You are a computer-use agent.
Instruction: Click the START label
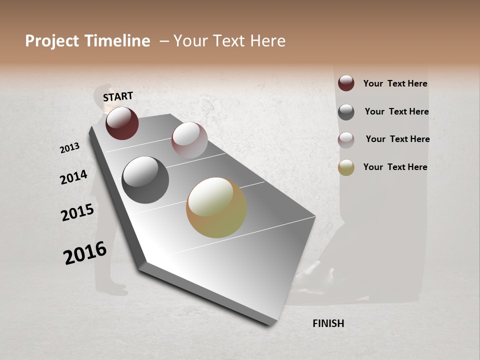click(x=118, y=96)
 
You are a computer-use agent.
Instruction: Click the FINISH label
click(x=328, y=323)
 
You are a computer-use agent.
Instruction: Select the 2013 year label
click(x=69, y=148)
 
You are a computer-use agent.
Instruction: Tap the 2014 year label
click(x=73, y=177)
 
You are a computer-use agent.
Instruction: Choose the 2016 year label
click(x=85, y=253)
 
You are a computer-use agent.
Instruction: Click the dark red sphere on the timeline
click(x=122, y=123)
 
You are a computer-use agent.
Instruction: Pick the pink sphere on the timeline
click(x=189, y=139)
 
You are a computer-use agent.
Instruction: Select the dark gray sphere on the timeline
click(x=145, y=180)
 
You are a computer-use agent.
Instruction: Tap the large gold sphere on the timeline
click(x=216, y=207)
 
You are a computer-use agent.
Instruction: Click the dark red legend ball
click(x=346, y=83)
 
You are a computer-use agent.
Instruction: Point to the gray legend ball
click(x=346, y=111)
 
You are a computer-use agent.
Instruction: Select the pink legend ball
click(x=346, y=139)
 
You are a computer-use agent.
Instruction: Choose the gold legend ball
click(x=346, y=167)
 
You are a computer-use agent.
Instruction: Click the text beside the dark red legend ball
click(x=395, y=83)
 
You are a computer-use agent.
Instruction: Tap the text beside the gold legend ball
click(x=395, y=167)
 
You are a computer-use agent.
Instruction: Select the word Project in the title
click(x=51, y=41)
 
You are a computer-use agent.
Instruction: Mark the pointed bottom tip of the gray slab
click(x=270, y=324)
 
